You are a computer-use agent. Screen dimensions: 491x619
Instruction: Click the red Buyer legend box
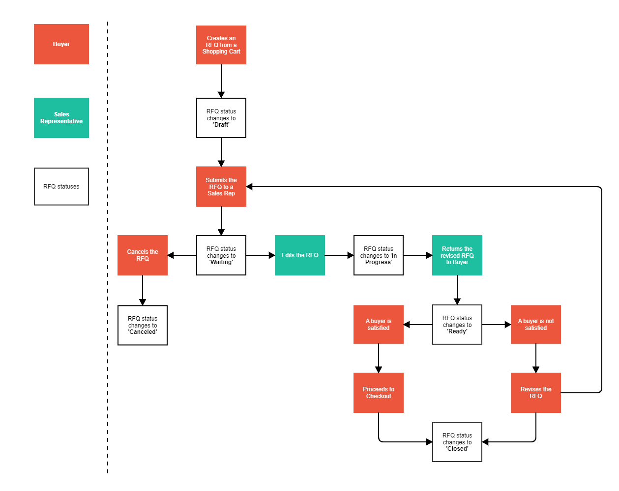61,44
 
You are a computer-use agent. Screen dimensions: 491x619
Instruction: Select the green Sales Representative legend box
61,118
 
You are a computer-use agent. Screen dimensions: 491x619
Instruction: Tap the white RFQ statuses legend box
61,187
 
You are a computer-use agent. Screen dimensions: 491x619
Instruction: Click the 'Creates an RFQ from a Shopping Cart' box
221,45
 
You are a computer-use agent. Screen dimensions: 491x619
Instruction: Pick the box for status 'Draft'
221,118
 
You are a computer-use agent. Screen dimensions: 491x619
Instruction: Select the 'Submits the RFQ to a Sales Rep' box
221,187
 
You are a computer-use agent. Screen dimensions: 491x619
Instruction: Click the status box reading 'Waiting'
221,255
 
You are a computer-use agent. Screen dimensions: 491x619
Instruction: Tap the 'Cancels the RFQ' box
143,255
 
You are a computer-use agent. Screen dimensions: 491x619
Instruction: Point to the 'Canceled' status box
143,325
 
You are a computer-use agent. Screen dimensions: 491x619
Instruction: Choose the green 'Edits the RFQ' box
300,255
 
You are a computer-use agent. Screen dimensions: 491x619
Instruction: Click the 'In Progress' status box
379,255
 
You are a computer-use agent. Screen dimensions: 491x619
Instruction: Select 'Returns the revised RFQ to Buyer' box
457,255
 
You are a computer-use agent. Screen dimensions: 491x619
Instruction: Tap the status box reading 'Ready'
457,325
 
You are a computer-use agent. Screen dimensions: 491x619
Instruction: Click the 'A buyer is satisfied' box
379,325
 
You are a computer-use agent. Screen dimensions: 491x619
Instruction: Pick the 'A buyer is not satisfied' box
536,325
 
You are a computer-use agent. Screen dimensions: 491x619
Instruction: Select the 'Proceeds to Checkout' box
379,393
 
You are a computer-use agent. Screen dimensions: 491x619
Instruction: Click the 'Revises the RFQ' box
536,393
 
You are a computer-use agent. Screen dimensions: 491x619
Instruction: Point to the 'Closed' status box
457,442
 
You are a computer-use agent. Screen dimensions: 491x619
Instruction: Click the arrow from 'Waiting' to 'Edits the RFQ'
260,255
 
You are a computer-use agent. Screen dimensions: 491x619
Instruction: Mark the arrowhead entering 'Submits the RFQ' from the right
250,187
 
